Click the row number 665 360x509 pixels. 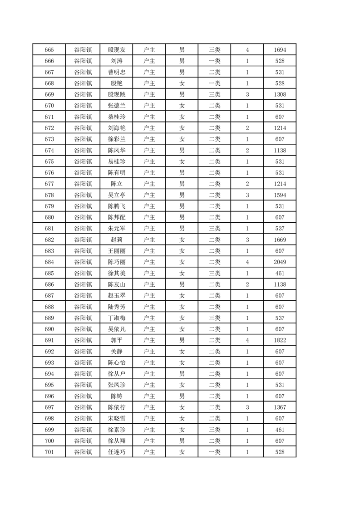pyautogui.click(x=49, y=50)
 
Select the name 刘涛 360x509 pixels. pyautogui.click(x=116, y=61)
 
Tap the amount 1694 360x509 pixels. pyautogui.click(x=280, y=50)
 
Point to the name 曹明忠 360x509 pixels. pyautogui.click(x=116, y=72)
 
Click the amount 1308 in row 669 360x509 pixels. pyautogui.click(x=280, y=95)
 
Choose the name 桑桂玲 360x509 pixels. pyautogui.click(x=116, y=117)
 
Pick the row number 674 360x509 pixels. pyautogui.click(x=49, y=151)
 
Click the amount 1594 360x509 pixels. pyautogui.click(x=280, y=195)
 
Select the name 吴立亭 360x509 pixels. pyautogui.click(x=116, y=195)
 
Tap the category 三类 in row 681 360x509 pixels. pyautogui.click(x=214, y=229)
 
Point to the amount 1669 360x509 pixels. pyautogui.click(x=280, y=240)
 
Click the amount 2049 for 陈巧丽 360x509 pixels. pyautogui.click(x=280, y=262)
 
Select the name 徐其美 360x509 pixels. pyautogui.click(x=116, y=274)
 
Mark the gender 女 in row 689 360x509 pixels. pyautogui.click(x=182, y=318)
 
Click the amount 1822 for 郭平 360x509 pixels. pyautogui.click(x=280, y=340)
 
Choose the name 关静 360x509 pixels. pyautogui.click(x=116, y=352)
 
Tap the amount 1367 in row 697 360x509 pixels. pyautogui.click(x=280, y=407)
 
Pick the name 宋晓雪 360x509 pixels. pyautogui.click(x=116, y=418)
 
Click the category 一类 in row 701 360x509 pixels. pyautogui.click(x=214, y=452)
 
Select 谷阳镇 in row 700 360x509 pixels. pyautogui.click(x=83, y=441)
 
